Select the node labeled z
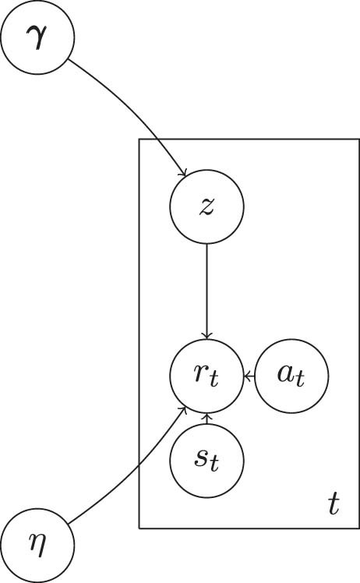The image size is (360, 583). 206,207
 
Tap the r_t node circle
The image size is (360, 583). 206,377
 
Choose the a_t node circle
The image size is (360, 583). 291,377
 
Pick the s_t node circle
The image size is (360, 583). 206,461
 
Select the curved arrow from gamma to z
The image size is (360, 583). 132,109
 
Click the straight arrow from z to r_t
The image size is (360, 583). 206,288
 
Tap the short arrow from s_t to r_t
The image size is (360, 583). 206,419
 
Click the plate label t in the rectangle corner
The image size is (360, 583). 334,506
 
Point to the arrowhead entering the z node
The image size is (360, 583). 184,174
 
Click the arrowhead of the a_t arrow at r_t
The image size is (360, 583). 246,377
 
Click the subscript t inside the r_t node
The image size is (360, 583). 214,382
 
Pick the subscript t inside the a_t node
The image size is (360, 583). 300,382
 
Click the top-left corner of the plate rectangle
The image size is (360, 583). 139,139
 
